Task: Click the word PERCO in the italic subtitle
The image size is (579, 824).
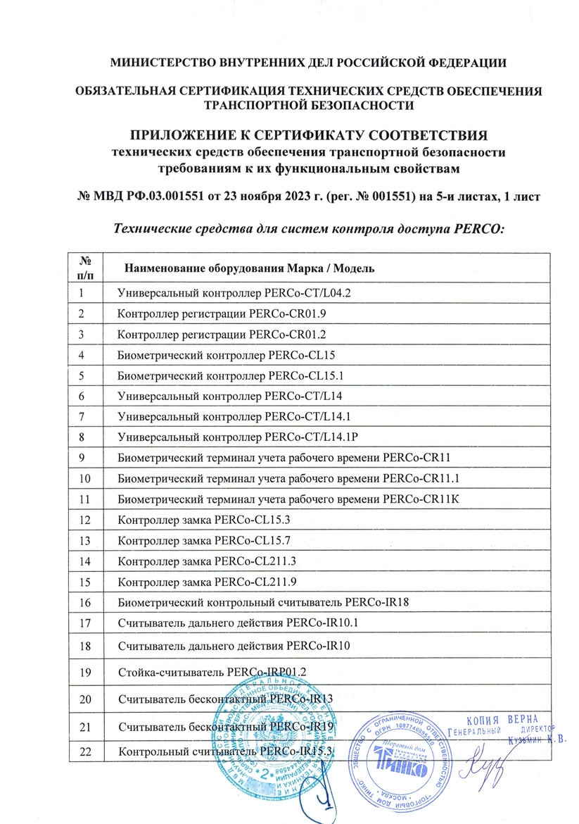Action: (x=481, y=228)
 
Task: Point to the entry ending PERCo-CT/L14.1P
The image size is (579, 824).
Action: (x=243, y=436)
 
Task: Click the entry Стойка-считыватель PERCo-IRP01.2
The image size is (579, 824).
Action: (x=214, y=671)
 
